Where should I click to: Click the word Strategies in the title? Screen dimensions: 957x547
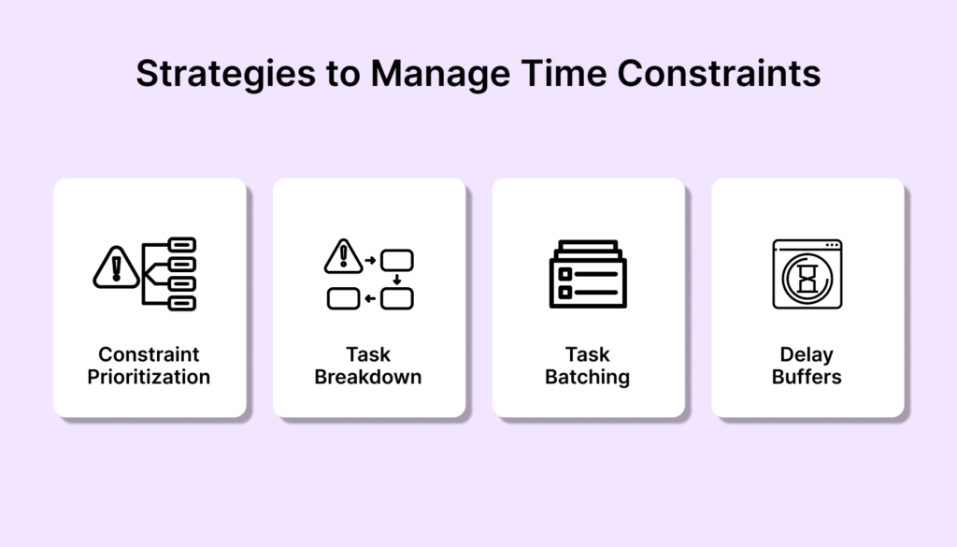(226, 75)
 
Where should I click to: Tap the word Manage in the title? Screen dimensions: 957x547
(440, 75)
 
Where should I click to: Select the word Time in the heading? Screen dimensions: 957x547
(564, 73)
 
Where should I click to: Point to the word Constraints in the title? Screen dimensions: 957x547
(719, 73)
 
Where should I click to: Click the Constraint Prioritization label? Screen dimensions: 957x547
(149, 366)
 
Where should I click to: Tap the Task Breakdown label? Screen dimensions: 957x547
(368, 366)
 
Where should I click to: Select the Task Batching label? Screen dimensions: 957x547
(587, 366)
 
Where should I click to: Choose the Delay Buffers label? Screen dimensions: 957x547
(807, 366)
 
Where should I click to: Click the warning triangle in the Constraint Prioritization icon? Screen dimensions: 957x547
(116, 268)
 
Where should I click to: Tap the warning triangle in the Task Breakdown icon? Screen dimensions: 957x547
(343, 256)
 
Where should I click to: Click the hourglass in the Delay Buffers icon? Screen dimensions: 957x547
(807, 278)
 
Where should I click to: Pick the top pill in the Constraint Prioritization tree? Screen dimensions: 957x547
(182, 245)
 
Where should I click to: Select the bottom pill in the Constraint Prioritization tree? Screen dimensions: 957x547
(182, 303)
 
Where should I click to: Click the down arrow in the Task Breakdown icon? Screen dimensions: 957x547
(396, 280)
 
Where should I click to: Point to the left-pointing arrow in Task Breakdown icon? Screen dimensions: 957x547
(370, 298)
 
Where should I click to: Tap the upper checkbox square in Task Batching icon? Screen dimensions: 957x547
(565, 274)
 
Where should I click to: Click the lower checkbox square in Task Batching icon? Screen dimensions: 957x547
(565, 293)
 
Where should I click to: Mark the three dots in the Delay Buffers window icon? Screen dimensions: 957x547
(832, 245)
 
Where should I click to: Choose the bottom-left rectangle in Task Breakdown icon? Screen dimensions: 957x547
(344, 298)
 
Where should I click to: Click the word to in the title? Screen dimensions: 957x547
(343, 75)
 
